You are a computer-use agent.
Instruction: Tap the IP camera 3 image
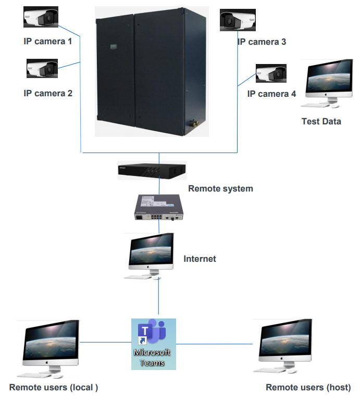237,20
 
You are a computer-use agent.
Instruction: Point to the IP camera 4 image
270,74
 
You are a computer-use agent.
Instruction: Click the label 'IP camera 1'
48,40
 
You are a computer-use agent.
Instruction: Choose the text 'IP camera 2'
48,94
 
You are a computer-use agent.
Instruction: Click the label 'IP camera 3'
262,42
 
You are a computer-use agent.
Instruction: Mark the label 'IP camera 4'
271,94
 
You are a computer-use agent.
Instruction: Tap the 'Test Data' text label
321,121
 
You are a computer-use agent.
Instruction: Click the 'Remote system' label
220,188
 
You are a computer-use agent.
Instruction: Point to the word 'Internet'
200,259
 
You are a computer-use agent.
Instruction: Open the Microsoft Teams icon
153,343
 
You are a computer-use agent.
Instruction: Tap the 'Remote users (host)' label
308,387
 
